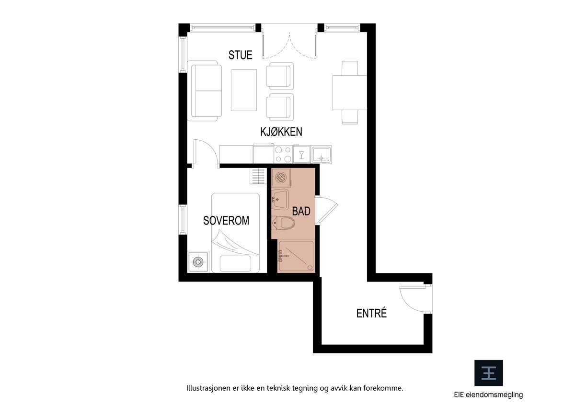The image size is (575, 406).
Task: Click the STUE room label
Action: click(x=240, y=55)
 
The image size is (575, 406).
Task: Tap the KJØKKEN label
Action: click(x=281, y=132)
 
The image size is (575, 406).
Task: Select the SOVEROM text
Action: click(x=226, y=221)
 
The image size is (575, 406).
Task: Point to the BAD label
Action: click(x=301, y=211)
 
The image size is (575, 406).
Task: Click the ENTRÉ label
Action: click(x=371, y=314)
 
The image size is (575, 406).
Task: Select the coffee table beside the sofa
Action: click(x=243, y=90)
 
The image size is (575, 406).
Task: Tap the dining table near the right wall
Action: click(x=350, y=92)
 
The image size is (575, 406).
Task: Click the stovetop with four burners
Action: click(x=283, y=155)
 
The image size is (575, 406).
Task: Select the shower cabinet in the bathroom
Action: click(x=296, y=256)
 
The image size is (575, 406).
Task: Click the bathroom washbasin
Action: click(x=279, y=199)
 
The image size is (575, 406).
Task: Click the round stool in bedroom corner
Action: click(x=198, y=262)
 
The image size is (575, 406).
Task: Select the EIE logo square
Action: click(x=488, y=373)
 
